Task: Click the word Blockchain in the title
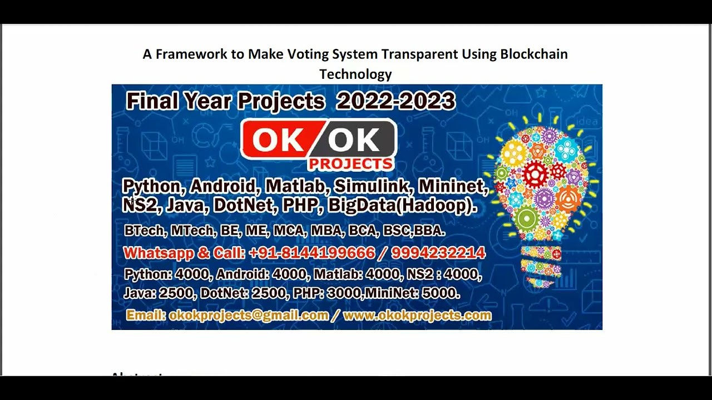click(534, 54)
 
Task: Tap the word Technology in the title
click(355, 74)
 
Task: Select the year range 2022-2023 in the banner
click(395, 102)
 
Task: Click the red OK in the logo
click(274, 140)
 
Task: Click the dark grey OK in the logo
click(354, 140)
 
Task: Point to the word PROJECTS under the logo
click(350, 164)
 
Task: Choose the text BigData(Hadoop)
click(402, 206)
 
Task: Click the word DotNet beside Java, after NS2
click(243, 206)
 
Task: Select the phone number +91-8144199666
click(311, 253)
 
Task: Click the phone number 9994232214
click(438, 253)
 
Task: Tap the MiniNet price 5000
click(441, 293)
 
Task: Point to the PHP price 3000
click(344, 293)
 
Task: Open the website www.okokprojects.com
click(417, 316)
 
